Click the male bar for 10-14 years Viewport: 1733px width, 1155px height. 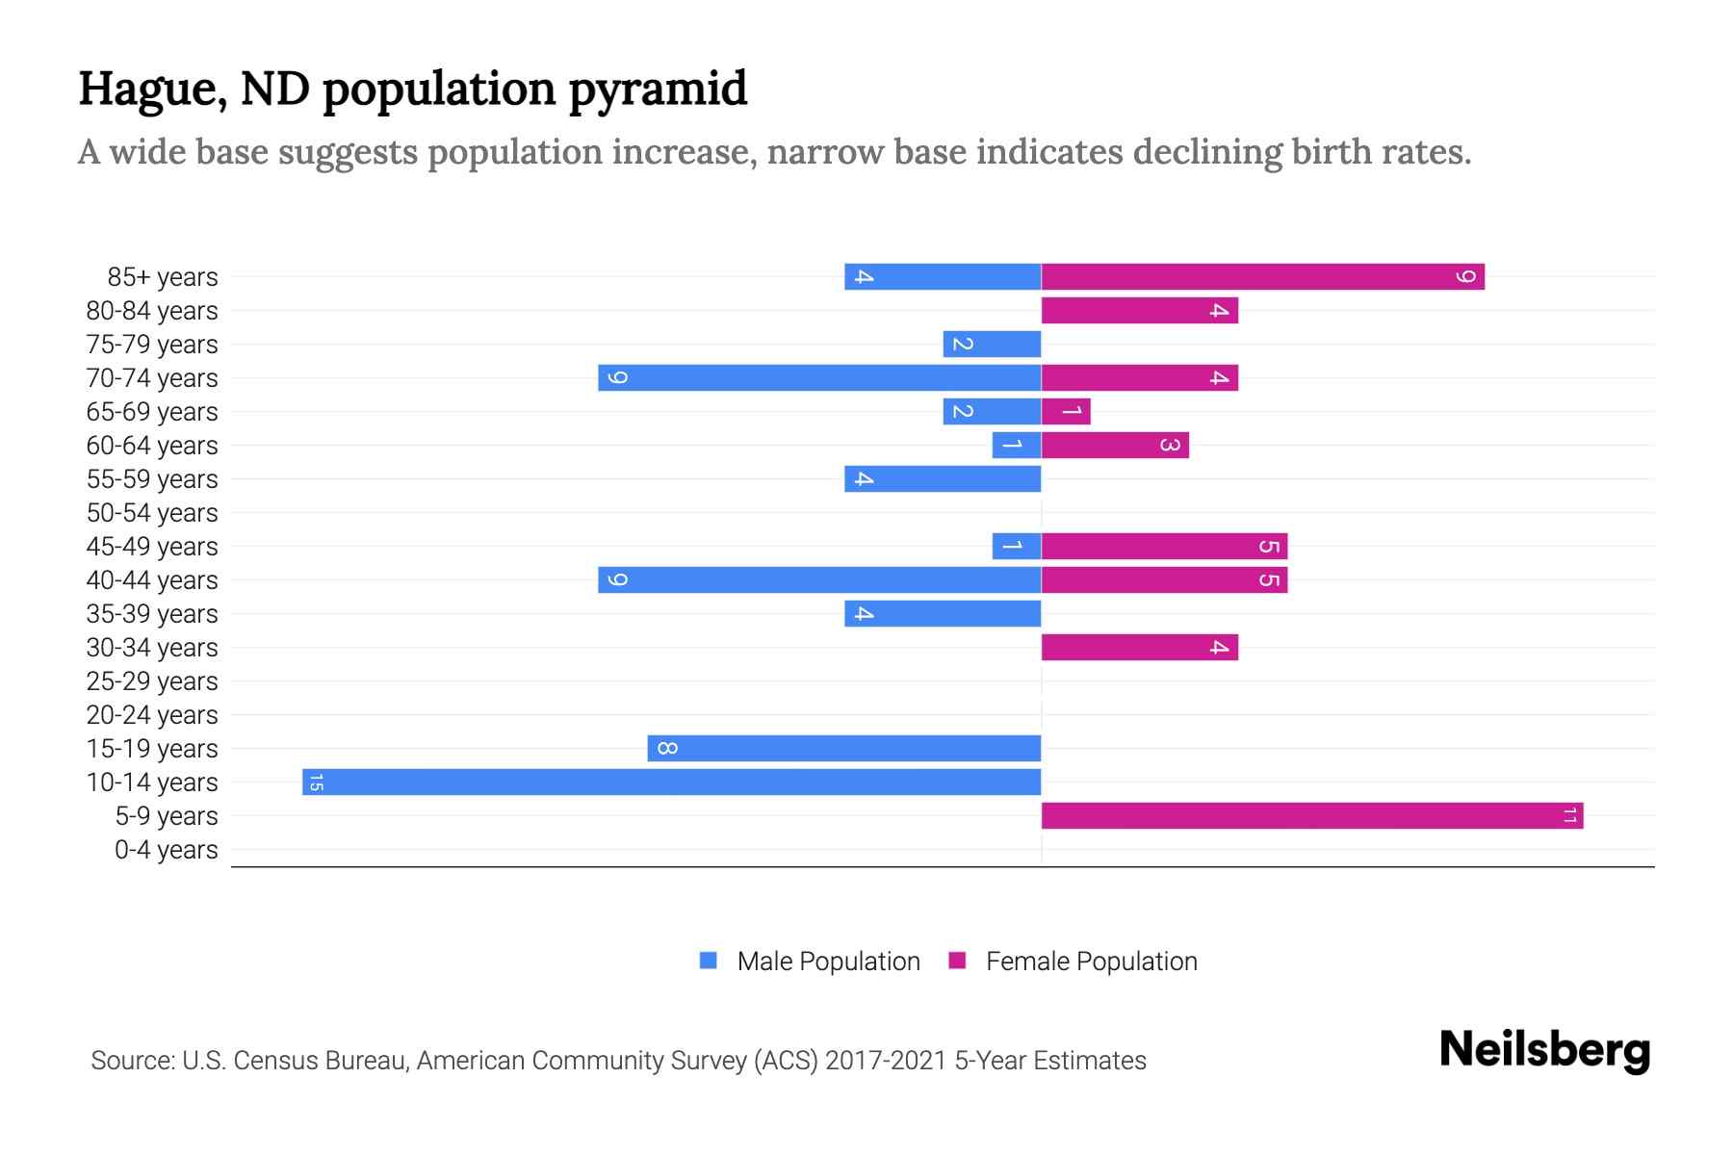tap(671, 782)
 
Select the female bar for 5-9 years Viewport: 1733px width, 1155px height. tap(1311, 815)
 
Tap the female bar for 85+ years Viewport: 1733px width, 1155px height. tap(1262, 276)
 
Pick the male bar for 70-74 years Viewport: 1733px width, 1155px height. tap(819, 377)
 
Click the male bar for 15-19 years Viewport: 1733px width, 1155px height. tap(844, 748)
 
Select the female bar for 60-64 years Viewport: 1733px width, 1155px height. tap(1115, 445)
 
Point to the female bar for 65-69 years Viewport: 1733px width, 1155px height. tap(1066, 411)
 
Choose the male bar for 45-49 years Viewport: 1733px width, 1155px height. tap(1017, 546)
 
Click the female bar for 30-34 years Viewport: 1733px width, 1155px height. tap(1139, 647)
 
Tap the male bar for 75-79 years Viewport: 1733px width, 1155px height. tap(992, 344)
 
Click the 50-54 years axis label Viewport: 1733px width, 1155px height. tap(152, 513)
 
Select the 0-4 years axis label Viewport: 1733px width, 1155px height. tap(166, 850)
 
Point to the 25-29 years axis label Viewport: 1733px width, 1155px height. tap(152, 681)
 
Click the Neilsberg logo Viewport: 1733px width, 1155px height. tap(1543, 1050)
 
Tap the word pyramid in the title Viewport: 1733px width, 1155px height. tap(658, 90)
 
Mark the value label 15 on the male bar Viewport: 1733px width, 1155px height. tap(316, 782)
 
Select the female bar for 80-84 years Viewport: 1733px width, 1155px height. tap(1139, 310)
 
